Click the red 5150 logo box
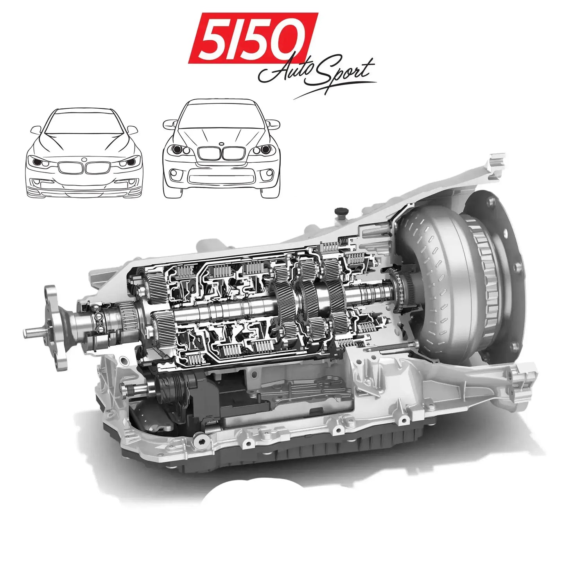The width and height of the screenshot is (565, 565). click(253, 38)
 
